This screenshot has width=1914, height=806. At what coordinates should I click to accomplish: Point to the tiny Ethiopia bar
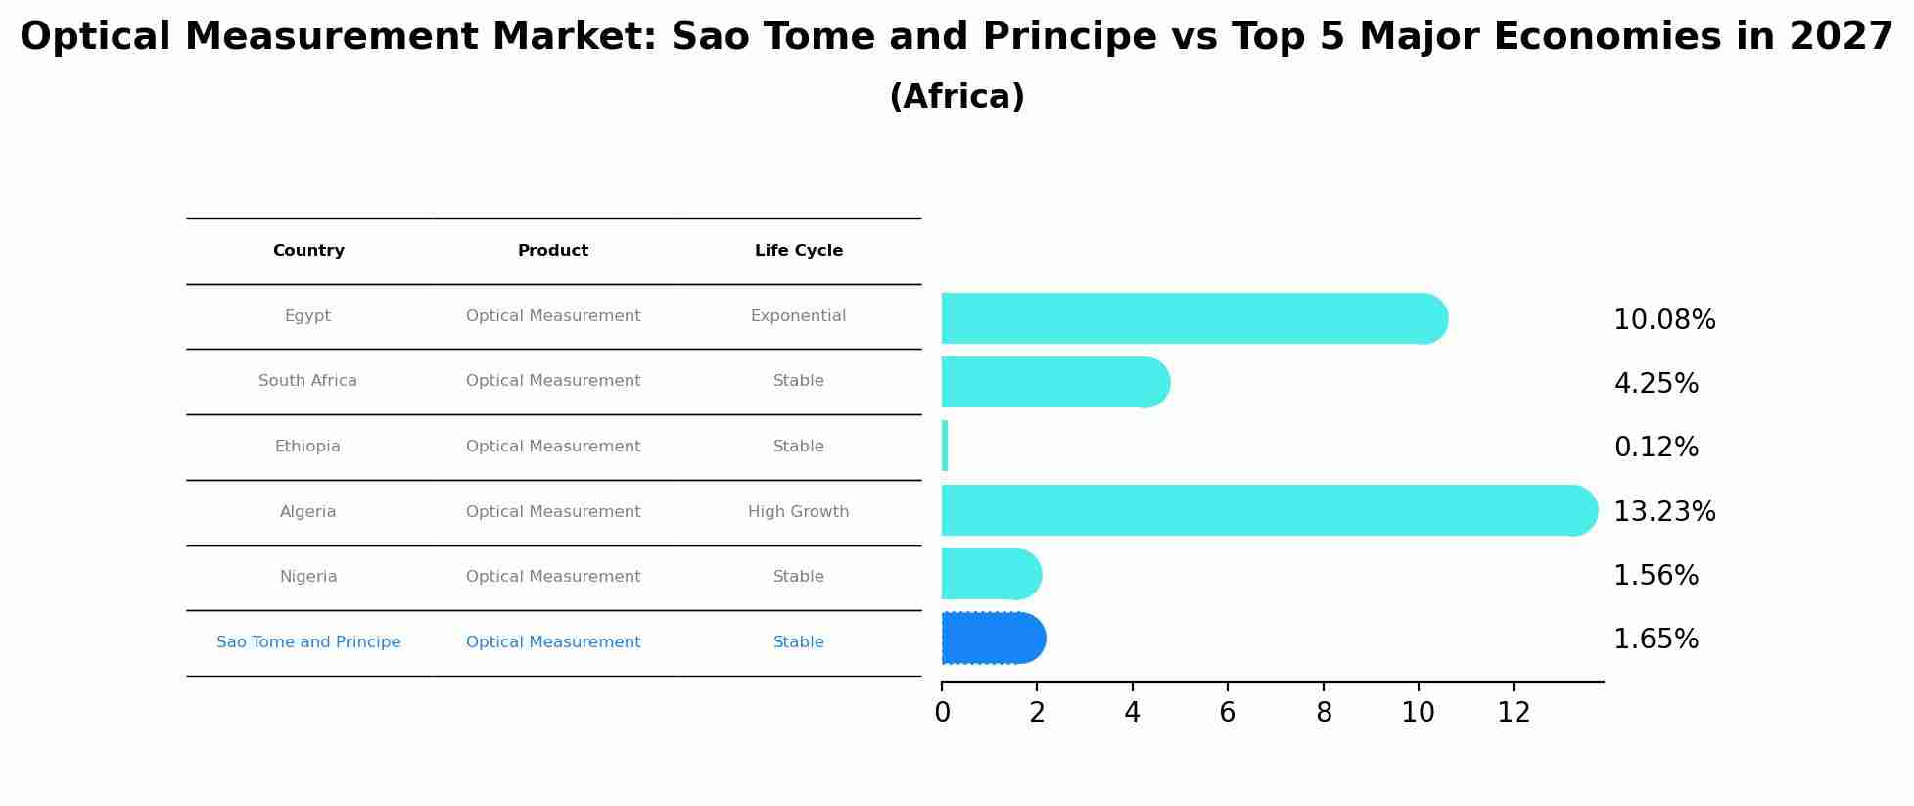(945, 446)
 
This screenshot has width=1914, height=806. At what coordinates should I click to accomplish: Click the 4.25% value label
(1656, 384)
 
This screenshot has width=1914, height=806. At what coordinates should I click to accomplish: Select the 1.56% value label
(1656, 576)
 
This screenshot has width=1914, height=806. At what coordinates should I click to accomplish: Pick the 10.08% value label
(1663, 320)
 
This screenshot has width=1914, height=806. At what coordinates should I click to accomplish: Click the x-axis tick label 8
(1324, 713)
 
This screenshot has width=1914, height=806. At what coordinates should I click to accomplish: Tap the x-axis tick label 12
(1514, 713)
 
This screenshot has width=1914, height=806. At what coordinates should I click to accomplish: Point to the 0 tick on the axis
(942, 713)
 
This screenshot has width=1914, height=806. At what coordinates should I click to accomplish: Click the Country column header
(308, 251)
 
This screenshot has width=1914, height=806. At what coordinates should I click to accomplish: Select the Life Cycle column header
(798, 251)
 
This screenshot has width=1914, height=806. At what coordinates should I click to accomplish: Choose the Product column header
(553, 251)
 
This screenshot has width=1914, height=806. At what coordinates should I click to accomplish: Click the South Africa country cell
(307, 381)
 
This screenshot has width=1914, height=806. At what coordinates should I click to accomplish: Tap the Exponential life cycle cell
(798, 316)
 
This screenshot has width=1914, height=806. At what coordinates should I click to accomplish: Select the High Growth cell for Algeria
(798, 512)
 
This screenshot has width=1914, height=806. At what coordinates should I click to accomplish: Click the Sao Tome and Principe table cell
(308, 642)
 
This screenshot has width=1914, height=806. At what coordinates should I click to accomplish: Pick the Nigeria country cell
(308, 577)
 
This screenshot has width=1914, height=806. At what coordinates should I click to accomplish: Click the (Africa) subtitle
(957, 97)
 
